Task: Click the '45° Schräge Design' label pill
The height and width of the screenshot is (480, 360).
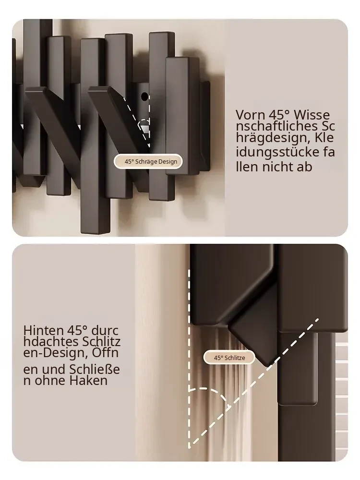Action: (x=148, y=161)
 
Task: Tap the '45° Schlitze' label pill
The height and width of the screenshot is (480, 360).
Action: (x=229, y=358)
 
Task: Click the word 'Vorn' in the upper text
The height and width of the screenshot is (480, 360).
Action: (x=251, y=115)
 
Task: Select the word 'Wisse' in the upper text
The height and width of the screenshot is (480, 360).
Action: (x=312, y=115)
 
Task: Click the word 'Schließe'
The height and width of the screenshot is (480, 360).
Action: (x=95, y=370)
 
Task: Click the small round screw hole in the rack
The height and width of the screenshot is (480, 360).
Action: (x=144, y=97)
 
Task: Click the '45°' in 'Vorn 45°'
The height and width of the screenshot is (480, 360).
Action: (x=279, y=115)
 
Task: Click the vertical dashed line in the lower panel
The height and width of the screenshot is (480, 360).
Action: (x=189, y=359)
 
